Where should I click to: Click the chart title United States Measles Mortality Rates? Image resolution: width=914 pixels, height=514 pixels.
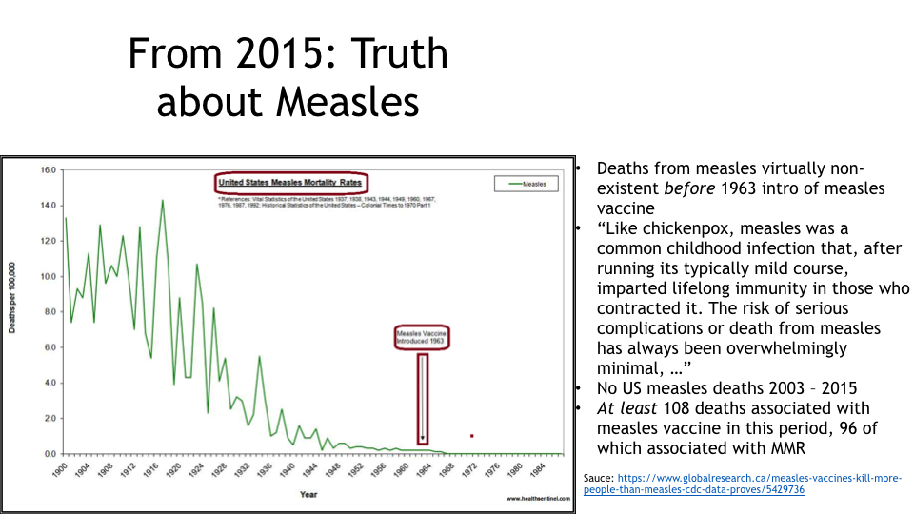[290, 182]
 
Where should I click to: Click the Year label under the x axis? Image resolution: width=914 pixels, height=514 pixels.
[308, 494]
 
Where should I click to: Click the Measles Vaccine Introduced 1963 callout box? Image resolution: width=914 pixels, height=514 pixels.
[422, 336]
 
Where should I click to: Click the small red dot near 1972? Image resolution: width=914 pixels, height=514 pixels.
[472, 436]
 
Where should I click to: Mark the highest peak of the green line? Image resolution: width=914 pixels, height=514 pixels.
[163, 200]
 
